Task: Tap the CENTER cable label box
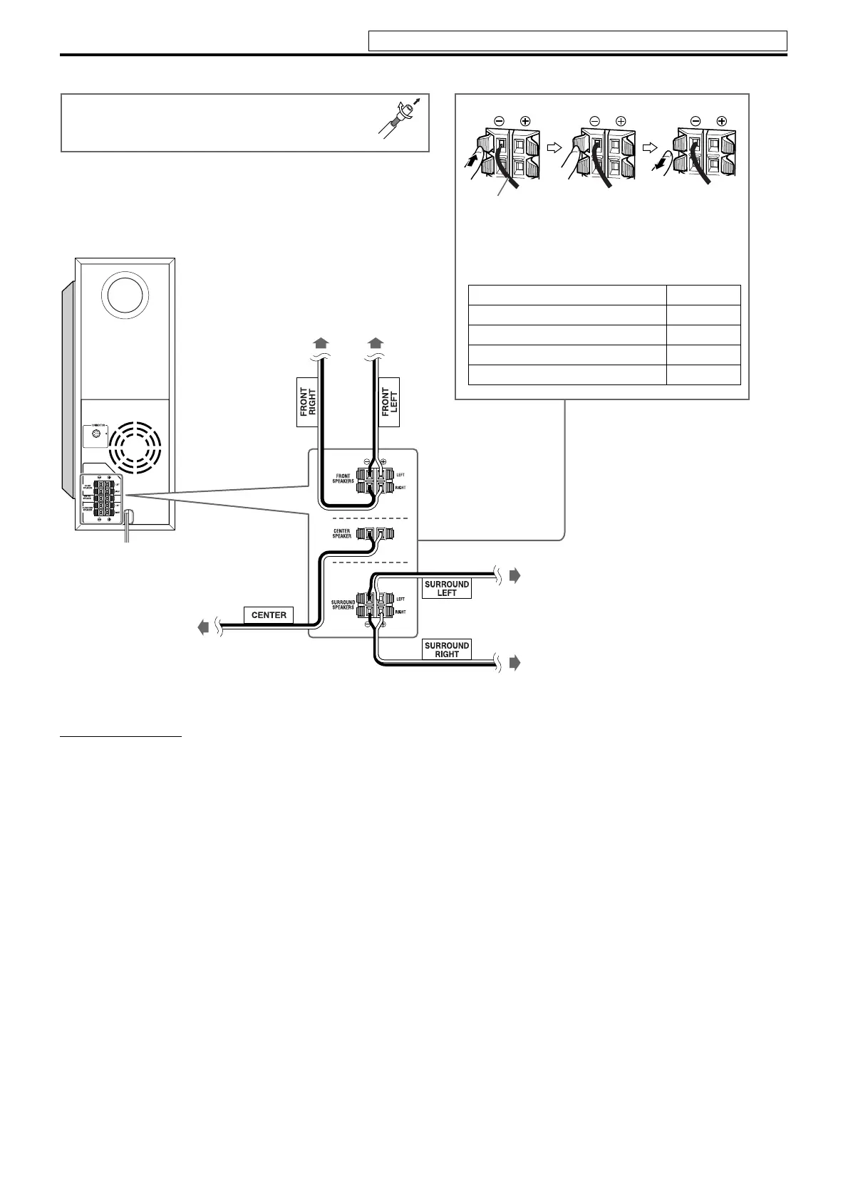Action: [x=269, y=615]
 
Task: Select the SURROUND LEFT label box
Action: [x=447, y=589]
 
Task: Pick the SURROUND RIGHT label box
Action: [x=447, y=650]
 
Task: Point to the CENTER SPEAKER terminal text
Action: [x=342, y=533]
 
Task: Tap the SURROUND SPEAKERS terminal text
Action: [x=343, y=605]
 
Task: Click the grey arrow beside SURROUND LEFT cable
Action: [x=515, y=576]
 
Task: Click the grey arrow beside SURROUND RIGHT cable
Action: [x=515, y=664]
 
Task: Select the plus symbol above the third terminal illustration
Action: [x=722, y=122]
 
